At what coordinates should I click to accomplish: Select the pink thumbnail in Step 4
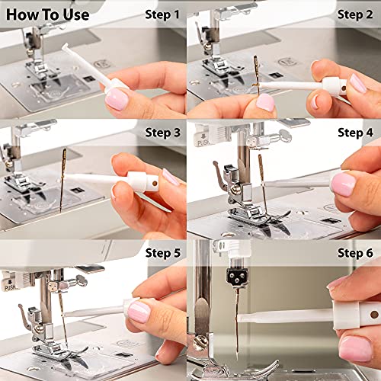343,184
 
